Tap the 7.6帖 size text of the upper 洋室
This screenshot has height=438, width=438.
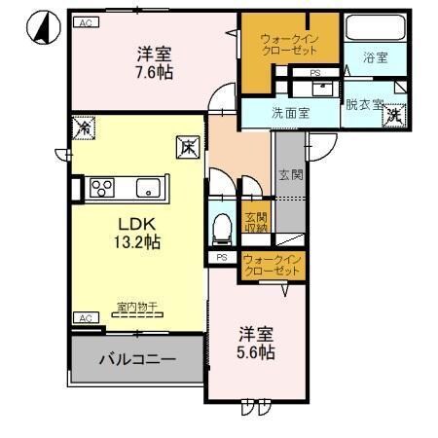pyautogui.click(x=154, y=71)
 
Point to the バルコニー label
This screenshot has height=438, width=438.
pyautogui.click(x=136, y=358)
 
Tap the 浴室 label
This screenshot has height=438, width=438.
pyautogui.click(x=376, y=58)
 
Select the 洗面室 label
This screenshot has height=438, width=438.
pyautogui.click(x=290, y=112)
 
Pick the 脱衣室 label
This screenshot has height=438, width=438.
pyautogui.click(x=364, y=105)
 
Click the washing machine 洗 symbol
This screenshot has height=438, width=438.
pyautogui.click(x=395, y=116)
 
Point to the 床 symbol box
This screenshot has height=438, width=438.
pyautogui.click(x=187, y=148)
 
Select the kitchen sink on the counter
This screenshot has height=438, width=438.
pyautogui.click(x=146, y=188)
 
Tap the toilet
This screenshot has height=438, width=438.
pyautogui.click(x=221, y=227)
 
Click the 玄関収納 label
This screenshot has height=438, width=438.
pyautogui.click(x=255, y=223)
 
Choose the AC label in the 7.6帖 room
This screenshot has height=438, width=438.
pyautogui.click(x=84, y=20)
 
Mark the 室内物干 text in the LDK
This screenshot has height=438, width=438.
pyautogui.click(x=137, y=308)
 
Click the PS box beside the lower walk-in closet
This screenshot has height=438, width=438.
pyautogui.click(x=221, y=258)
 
